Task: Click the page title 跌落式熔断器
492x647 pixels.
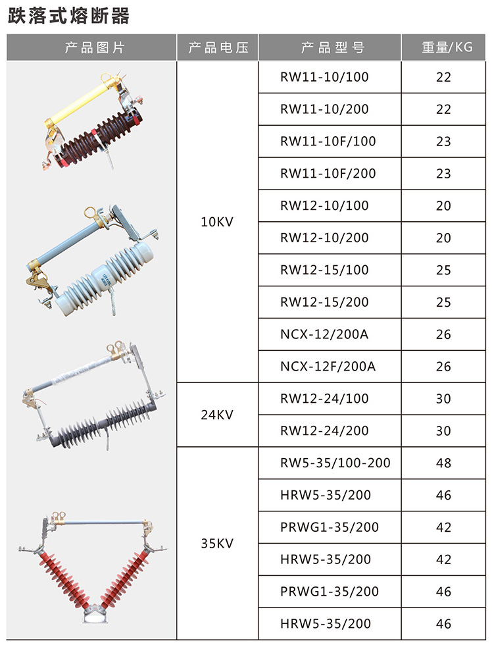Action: pyautogui.click(x=68, y=16)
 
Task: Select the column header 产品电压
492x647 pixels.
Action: pyautogui.click(x=218, y=47)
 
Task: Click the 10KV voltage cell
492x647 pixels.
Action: pyautogui.click(x=217, y=222)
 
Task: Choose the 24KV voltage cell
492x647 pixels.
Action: pyautogui.click(x=217, y=414)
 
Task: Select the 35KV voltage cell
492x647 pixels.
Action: pyautogui.click(x=217, y=543)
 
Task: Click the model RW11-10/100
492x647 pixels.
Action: pyautogui.click(x=324, y=77)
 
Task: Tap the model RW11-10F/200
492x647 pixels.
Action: pyautogui.click(x=328, y=173)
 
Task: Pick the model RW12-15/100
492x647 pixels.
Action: pyautogui.click(x=324, y=270)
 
